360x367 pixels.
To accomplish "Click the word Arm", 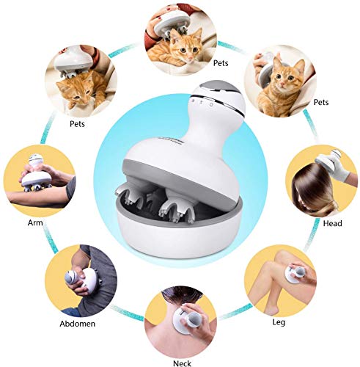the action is point(35,223).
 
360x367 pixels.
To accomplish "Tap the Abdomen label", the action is point(78,324).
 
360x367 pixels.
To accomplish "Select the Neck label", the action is point(182,363).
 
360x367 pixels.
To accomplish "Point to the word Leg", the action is point(279,322).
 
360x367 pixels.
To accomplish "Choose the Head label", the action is point(332,223).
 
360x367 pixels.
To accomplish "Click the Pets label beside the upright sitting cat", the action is point(321,102).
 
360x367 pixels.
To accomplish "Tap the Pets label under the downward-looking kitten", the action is point(77,123).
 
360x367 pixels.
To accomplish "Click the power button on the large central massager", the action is point(211,104).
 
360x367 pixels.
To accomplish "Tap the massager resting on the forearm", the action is point(36,174).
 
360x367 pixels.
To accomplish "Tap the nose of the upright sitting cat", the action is point(282,84).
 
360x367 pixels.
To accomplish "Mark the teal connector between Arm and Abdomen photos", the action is point(50,239).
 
